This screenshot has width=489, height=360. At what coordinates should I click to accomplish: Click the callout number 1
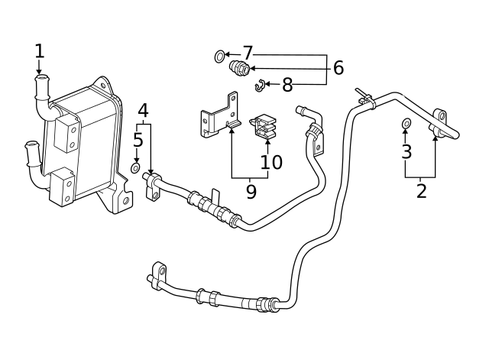39,51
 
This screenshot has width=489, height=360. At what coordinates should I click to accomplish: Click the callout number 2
421,191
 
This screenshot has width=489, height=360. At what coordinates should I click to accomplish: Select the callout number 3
406,151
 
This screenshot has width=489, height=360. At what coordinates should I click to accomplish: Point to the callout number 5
138,140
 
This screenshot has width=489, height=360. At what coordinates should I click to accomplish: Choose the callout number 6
338,68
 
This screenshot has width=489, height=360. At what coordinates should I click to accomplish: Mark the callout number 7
247,54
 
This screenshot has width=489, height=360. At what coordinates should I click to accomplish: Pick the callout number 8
287,86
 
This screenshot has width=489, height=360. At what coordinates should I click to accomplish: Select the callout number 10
271,162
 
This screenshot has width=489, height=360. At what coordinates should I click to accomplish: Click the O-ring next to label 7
220,55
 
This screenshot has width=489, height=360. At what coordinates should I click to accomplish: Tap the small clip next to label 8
260,84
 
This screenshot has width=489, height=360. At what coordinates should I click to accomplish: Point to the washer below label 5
136,167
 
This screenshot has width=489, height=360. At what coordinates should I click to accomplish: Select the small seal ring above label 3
406,124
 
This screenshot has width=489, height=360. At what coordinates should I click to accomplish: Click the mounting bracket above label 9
220,117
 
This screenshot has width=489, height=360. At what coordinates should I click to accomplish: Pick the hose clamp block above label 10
264,127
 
